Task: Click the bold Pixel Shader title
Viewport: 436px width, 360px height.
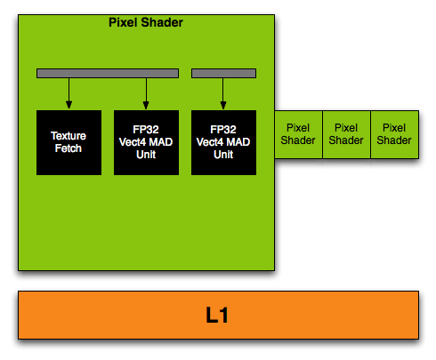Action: (146, 22)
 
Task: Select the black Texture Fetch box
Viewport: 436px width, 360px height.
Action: (69, 142)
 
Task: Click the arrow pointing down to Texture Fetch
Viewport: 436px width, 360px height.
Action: (69, 93)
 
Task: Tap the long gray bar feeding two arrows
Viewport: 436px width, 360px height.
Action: (108, 73)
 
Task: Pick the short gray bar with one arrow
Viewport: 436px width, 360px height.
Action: (223, 73)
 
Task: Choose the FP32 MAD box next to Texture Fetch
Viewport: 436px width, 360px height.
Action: (146, 142)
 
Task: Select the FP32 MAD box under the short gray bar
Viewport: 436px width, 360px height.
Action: (223, 142)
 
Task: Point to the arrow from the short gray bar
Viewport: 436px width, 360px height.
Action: (223, 93)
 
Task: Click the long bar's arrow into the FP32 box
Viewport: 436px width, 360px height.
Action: (146, 93)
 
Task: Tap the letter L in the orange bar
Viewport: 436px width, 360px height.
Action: (213, 315)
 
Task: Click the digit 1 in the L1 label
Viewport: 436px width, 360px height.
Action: (224, 315)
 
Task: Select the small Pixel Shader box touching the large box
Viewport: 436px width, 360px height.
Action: (298, 134)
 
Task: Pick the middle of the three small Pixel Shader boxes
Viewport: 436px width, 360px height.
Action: (346, 134)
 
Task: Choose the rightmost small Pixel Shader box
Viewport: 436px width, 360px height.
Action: (395, 134)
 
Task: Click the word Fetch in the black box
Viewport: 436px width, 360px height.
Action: (69, 148)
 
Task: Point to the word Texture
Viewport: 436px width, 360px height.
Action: (69, 136)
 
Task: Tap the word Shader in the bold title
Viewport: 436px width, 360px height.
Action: (162, 22)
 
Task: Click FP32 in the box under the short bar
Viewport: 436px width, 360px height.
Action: (223, 130)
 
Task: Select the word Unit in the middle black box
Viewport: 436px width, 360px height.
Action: (146, 155)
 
